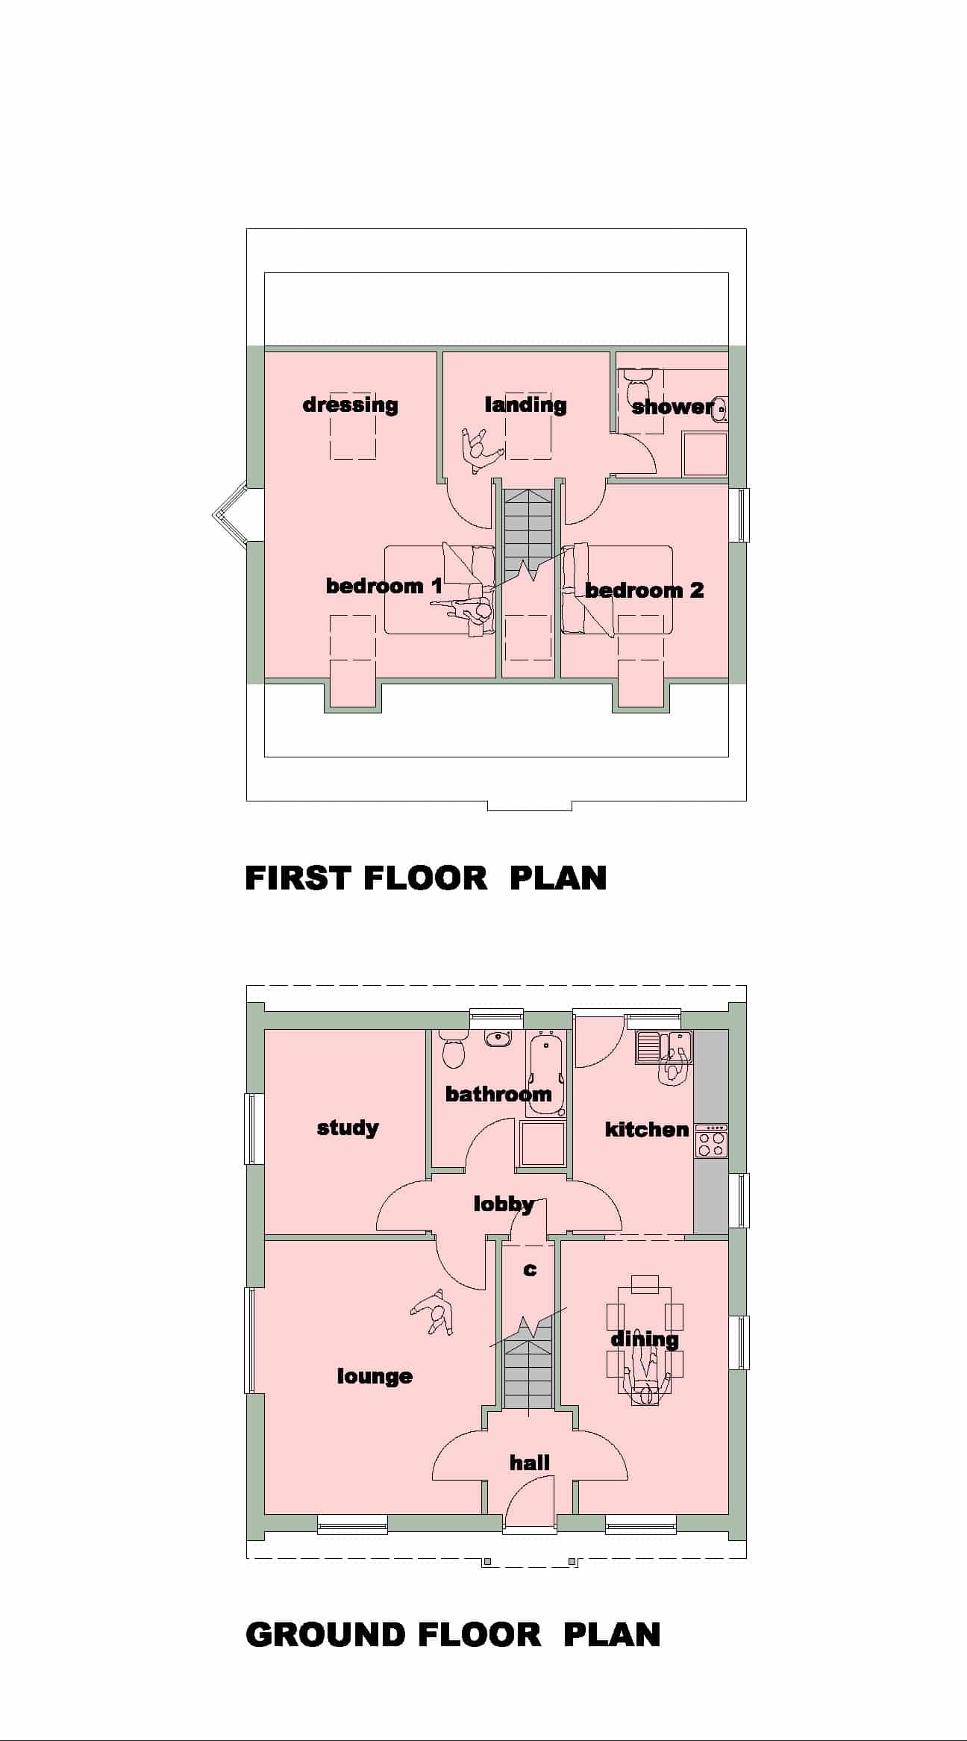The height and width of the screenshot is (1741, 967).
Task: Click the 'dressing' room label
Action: [x=350, y=405]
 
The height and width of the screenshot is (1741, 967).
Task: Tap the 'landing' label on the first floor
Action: [x=525, y=404]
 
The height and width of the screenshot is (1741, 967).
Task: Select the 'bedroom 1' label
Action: [x=384, y=586]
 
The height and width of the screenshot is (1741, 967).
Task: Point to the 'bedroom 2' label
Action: [x=644, y=590]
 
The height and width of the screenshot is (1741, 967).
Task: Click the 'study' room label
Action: [x=348, y=1127]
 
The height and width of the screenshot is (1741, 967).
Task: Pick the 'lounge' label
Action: [x=375, y=1375]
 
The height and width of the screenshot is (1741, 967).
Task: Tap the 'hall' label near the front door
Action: [x=530, y=1462]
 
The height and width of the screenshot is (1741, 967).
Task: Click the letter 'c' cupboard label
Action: [x=530, y=1269]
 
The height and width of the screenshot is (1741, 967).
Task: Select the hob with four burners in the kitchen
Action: [x=711, y=1141]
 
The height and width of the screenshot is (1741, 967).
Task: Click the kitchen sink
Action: [x=664, y=1047]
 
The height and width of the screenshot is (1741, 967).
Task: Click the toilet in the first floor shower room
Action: [x=638, y=385]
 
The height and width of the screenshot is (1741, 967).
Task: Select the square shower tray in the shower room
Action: [x=704, y=454]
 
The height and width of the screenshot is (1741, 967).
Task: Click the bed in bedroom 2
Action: [x=617, y=590]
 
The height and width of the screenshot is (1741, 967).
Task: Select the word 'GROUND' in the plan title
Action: [x=325, y=1634]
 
